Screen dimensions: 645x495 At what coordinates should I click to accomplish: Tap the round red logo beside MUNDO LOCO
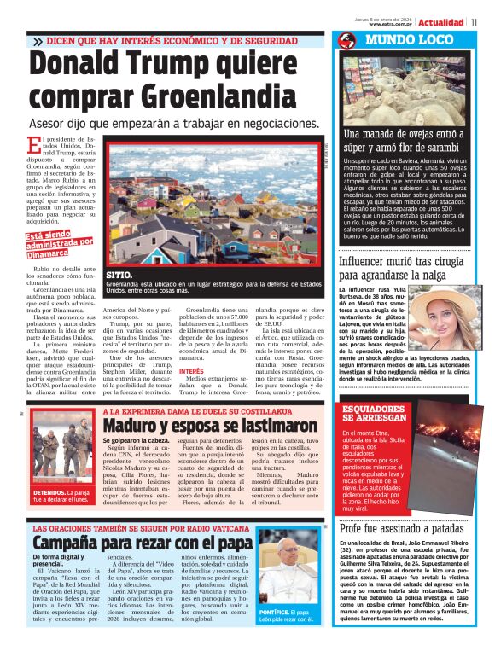tap(346, 40)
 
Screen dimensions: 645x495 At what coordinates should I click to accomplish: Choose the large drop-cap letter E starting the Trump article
tap(33, 146)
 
